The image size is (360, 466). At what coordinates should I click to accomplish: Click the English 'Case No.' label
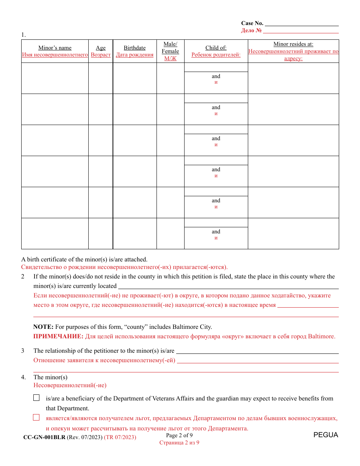pos(252,23)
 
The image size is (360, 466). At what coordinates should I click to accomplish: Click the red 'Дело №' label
pos(251,30)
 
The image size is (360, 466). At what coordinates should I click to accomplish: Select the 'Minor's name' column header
pos(55,48)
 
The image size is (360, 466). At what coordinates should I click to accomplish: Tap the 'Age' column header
pos(101,48)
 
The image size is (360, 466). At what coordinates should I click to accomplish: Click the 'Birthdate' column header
pos(135,48)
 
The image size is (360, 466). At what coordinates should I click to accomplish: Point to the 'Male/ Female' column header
pos(170,48)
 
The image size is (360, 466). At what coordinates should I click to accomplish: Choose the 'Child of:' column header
pos(216,48)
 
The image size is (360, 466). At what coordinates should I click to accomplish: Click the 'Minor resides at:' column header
pos(293,44)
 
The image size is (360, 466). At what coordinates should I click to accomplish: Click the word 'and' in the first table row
pos(216,76)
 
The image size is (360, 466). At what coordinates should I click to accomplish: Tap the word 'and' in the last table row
pos(216,231)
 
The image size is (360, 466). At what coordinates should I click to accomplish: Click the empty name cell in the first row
pos(55,78)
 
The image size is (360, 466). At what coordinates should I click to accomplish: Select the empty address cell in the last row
pos(293,233)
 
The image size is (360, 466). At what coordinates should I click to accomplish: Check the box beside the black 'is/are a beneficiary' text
pos(36,398)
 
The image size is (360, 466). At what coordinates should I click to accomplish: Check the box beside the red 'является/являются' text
pos(36,418)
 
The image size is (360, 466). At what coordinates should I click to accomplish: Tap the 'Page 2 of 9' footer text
pos(179,435)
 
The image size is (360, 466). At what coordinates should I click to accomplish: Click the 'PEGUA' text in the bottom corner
pos(326,435)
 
